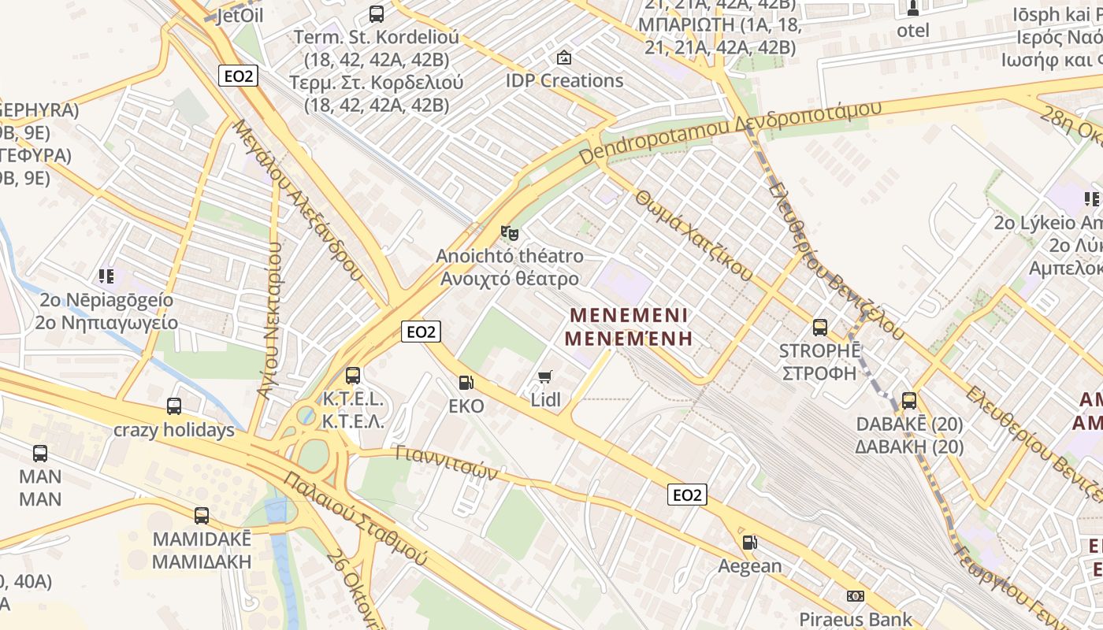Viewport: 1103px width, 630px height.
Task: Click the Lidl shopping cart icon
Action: [x=544, y=377]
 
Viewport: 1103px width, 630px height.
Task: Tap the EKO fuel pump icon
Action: [x=466, y=383]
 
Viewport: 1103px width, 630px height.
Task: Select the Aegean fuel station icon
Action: [x=749, y=543]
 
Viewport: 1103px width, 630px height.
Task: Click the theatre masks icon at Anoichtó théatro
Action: [x=510, y=233]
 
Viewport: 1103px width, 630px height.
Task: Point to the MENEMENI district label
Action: [x=629, y=315]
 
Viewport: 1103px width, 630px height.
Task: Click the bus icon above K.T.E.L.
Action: [x=353, y=376]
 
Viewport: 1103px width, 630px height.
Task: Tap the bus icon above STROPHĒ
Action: [x=820, y=328]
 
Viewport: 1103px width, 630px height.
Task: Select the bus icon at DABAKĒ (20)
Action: [x=909, y=401]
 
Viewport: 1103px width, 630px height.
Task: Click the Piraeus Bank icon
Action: [x=856, y=596]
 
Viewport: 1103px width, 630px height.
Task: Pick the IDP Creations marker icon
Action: [x=564, y=57]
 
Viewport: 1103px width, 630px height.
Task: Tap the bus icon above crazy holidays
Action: [x=174, y=406]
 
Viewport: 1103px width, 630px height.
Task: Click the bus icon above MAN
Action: [x=40, y=454]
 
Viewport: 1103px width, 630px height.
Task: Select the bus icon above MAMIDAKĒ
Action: [x=202, y=516]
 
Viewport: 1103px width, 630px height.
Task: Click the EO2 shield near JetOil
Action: [x=239, y=76]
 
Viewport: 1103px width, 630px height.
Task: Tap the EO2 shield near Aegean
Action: [x=687, y=495]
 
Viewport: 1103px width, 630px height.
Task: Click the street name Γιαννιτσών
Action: [x=446, y=464]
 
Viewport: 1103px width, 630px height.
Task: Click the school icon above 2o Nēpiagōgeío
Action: [x=106, y=276]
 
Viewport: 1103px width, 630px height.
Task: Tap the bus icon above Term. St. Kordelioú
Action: [x=377, y=13]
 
